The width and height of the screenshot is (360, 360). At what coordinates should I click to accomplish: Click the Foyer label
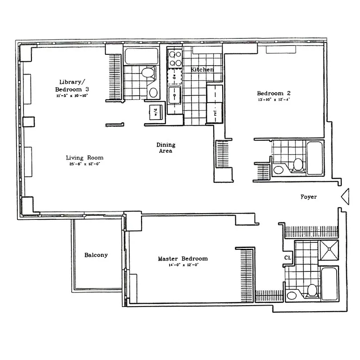click(308, 197)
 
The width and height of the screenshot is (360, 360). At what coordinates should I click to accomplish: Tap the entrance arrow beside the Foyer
click(345, 196)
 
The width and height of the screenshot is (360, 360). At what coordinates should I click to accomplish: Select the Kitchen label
click(202, 69)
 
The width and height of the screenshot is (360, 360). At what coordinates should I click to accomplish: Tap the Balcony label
click(96, 255)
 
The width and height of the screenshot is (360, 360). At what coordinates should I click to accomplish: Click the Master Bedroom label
click(182, 259)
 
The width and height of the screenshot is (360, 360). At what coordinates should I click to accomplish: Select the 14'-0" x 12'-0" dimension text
click(182, 265)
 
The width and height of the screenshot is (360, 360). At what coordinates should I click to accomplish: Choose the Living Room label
click(84, 157)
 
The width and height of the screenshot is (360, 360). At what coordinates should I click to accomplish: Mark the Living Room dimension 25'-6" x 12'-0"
click(84, 164)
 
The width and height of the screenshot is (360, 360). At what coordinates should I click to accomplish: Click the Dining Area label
click(165, 148)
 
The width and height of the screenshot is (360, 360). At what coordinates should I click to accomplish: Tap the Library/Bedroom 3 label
click(71, 85)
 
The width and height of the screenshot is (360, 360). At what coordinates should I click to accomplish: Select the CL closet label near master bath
click(288, 258)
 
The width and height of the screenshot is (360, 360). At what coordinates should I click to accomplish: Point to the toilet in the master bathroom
click(312, 290)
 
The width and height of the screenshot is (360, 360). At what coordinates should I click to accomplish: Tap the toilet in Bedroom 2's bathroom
click(298, 165)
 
